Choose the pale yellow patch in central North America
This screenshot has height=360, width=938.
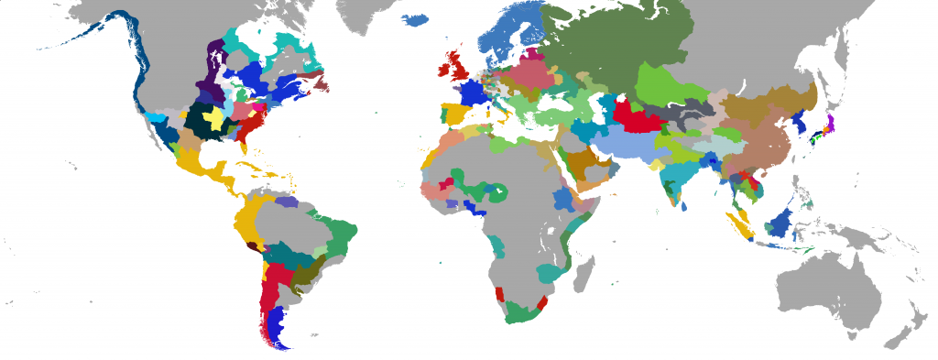(215, 120)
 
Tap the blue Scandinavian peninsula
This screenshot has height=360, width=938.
(508, 41)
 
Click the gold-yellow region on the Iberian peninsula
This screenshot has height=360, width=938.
(453, 115)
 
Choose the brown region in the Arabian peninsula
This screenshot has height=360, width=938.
(583, 166)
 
